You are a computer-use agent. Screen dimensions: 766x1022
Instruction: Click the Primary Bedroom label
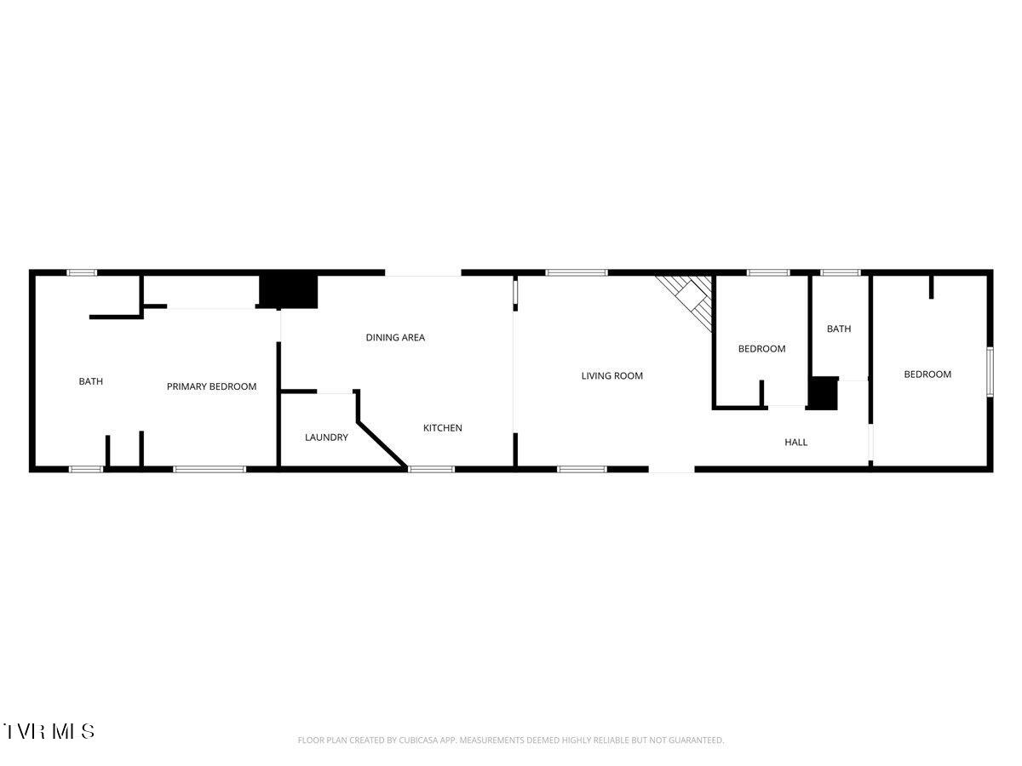pyautogui.click(x=211, y=386)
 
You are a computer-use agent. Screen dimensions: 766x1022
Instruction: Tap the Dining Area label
pyautogui.click(x=395, y=338)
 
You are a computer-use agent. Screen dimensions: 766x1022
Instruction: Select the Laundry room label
pyautogui.click(x=326, y=437)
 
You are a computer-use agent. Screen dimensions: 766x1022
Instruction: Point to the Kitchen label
pyautogui.click(x=443, y=428)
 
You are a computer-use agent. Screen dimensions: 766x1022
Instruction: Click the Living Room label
pyautogui.click(x=611, y=375)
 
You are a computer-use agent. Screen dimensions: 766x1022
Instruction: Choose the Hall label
pyautogui.click(x=795, y=442)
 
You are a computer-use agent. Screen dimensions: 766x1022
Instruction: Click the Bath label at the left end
pyautogui.click(x=91, y=381)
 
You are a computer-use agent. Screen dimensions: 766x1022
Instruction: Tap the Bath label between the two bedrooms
pyautogui.click(x=839, y=329)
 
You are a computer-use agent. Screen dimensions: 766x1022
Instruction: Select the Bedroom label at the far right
pyautogui.click(x=927, y=374)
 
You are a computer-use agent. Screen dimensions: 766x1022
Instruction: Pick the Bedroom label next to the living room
pyautogui.click(x=761, y=349)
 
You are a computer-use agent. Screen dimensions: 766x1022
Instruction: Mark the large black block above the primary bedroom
pyautogui.click(x=288, y=292)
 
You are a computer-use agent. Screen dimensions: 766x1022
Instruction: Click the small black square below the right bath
pyautogui.click(x=823, y=394)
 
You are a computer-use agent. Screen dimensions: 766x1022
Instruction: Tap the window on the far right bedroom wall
pyautogui.click(x=990, y=371)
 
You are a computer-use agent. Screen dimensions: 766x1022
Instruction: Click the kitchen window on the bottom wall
pyautogui.click(x=432, y=468)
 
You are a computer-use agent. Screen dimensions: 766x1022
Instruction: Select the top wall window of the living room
pyautogui.click(x=577, y=273)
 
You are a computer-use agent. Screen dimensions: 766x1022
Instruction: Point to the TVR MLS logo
pyautogui.click(x=49, y=730)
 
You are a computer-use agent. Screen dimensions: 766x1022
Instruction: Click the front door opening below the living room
pyautogui.click(x=671, y=468)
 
